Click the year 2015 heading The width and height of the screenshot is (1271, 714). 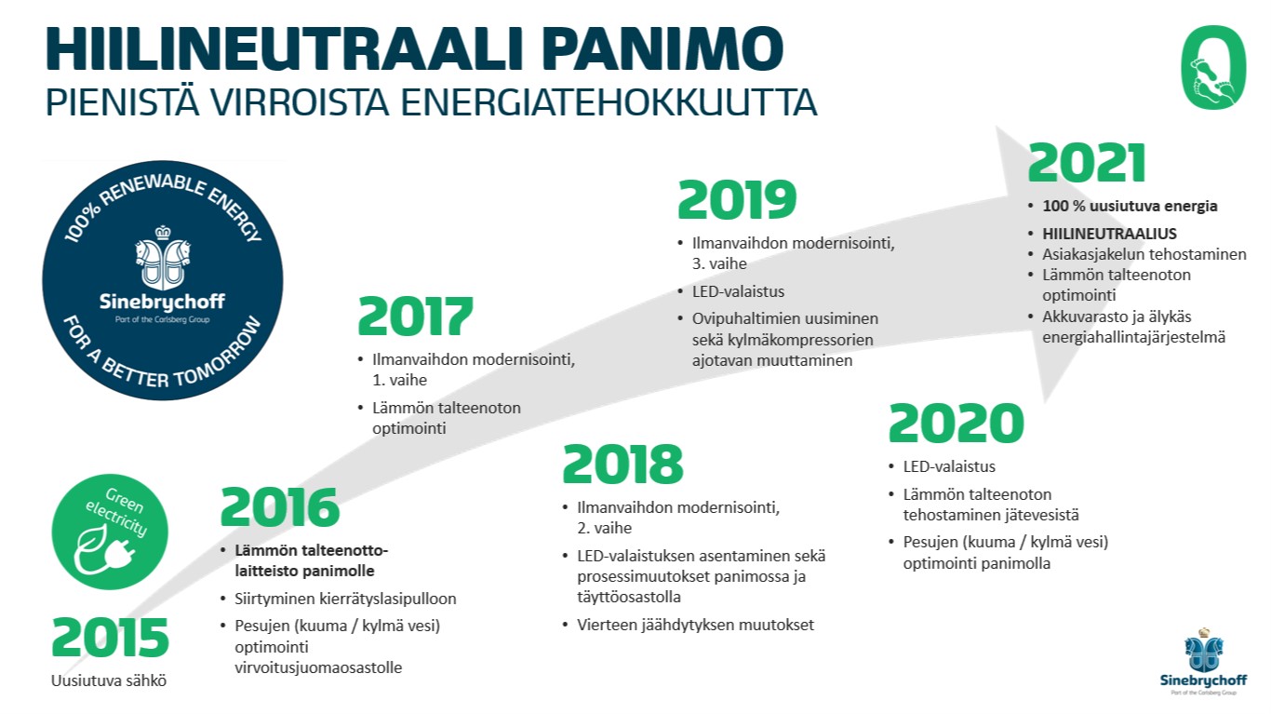(110, 638)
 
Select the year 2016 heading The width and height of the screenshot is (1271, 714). (280, 506)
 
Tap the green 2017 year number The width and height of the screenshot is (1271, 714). (415, 317)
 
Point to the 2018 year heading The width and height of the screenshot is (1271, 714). (622, 464)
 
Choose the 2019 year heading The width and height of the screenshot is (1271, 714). (737, 200)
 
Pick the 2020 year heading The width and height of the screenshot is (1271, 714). (957, 424)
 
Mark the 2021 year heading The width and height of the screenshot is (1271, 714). (1087, 163)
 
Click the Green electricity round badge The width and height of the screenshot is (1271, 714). (110, 532)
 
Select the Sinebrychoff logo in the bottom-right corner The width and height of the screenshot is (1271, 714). (1203, 662)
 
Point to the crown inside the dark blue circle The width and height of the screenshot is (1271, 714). (163, 233)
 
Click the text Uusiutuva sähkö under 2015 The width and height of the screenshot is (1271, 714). (109, 680)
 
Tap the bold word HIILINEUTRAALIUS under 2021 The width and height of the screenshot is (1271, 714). (1109, 234)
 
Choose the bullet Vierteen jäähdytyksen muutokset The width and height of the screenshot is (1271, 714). (695, 625)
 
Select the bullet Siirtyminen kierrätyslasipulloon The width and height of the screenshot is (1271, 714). (345, 599)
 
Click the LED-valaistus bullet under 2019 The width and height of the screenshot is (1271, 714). (738, 291)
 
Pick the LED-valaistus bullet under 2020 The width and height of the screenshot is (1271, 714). (949, 466)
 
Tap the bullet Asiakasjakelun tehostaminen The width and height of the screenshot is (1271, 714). (1144, 254)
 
